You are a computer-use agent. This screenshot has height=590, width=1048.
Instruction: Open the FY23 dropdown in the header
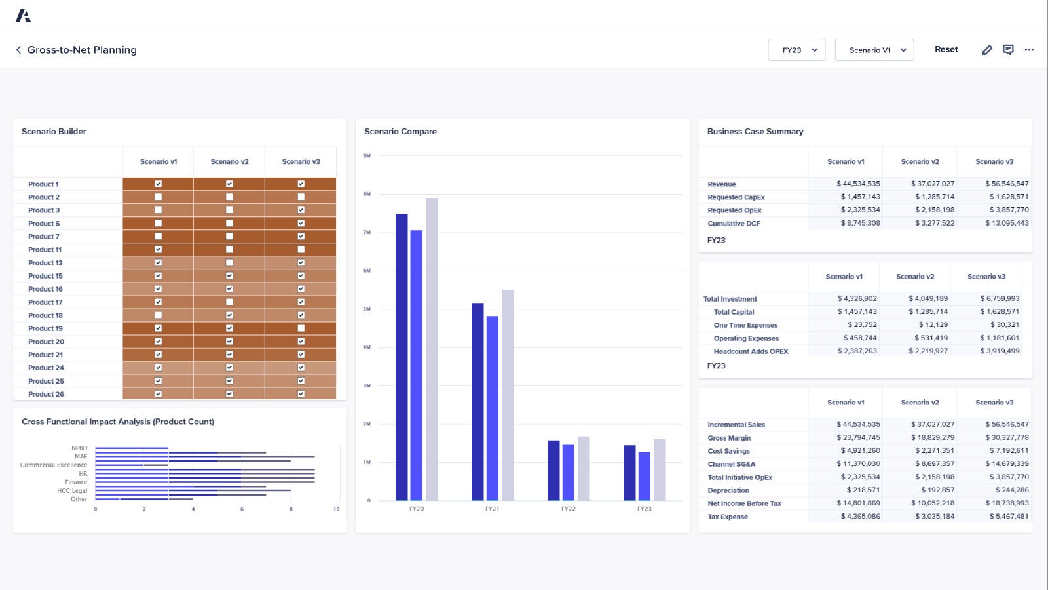pyautogui.click(x=796, y=50)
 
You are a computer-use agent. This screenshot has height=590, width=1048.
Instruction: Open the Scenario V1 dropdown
pyautogui.click(x=874, y=50)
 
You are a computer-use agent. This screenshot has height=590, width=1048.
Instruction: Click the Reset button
pyautogui.click(x=946, y=49)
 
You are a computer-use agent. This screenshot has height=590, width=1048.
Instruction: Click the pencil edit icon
pyautogui.click(x=987, y=50)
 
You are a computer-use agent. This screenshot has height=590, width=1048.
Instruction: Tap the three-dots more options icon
pyautogui.click(x=1029, y=50)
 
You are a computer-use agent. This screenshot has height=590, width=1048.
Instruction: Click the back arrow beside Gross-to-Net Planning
pyautogui.click(x=18, y=50)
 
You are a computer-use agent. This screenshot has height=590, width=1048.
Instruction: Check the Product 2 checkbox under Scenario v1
pyautogui.click(x=158, y=197)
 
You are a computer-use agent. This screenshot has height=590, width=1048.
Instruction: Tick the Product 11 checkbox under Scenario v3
pyautogui.click(x=301, y=249)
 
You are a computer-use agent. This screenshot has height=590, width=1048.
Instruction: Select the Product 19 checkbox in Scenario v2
pyautogui.click(x=229, y=328)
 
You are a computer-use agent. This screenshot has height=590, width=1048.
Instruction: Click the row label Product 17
pyautogui.click(x=45, y=302)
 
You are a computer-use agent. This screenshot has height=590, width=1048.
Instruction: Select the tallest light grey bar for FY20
pyautogui.click(x=432, y=349)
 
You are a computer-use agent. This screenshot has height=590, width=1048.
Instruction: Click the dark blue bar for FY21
pyautogui.click(x=477, y=401)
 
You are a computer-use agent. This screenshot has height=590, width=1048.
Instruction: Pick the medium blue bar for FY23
pyautogui.click(x=645, y=476)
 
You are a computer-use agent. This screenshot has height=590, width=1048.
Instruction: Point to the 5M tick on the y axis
pyautogui.click(x=367, y=309)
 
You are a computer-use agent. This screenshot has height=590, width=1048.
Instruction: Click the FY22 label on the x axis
pyautogui.click(x=568, y=509)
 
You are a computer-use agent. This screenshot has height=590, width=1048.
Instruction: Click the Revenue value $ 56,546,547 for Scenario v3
pyautogui.click(x=1006, y=184)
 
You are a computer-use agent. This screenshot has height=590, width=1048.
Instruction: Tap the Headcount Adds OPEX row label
pyautogui.click(x=751, y=351)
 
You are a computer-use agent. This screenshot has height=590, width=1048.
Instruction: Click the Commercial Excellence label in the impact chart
pyautogui.click(x=54, y=465)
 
